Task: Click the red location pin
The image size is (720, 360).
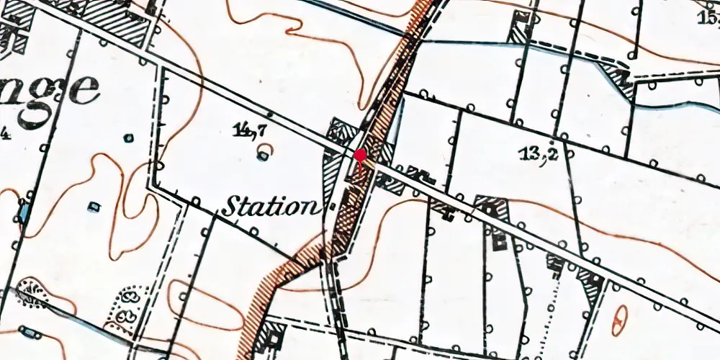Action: tap(360, 156)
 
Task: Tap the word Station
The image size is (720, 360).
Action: tap(269, 207)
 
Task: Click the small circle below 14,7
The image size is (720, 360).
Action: tap(265, 153)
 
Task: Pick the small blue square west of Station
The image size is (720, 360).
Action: tap(94, 207)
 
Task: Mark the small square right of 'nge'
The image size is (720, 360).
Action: tap(128, 138)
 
